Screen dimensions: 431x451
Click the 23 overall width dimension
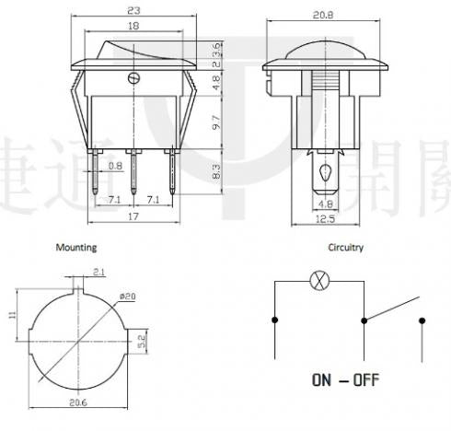[134, 11]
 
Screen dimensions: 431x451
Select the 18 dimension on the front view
[134, 27]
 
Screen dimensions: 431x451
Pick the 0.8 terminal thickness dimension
[114, 166]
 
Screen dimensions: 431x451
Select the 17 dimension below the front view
[134, 217]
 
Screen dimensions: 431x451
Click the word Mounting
[75, 248]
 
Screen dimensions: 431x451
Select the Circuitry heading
[346, 248]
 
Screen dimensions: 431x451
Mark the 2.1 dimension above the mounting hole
[98, 271]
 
